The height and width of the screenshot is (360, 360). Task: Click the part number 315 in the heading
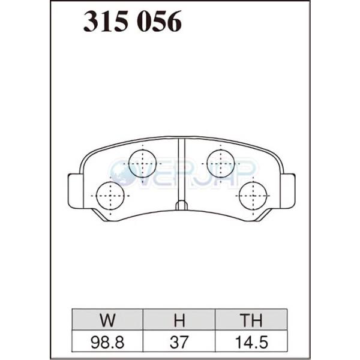click(x=106, y=22)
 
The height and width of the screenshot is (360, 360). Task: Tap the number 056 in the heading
click(x=159, y=22)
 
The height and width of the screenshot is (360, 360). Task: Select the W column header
click(x=107, y=320)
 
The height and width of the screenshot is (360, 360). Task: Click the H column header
click(x=179, y=320)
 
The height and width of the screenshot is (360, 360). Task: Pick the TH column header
click(x=251, y=320)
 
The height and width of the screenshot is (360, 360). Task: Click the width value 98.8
click(x=107, y=343)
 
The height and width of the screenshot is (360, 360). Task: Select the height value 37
click(x=179, y=343)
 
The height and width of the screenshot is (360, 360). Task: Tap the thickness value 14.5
click(x=251, y=343)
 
